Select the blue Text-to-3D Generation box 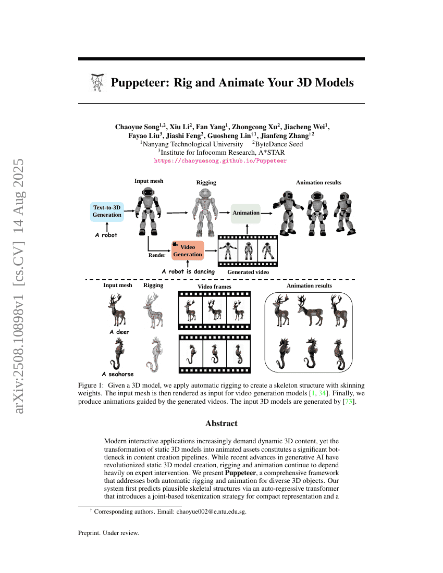pyautogui.click(x=107, y=211)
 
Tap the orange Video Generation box pyautogui.click(x=187, y=250)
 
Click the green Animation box pyautogui.click(x=245, y=213)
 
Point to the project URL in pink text pyautogui.click(x=220, y=161)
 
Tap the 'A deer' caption pyautogui.click(x=119, y=332)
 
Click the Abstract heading pyautogui.click(x=221, y=423)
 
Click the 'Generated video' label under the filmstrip pyautogui.click(x=248, y=272)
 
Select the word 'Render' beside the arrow pyautogui.click(x=157, y=255)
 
